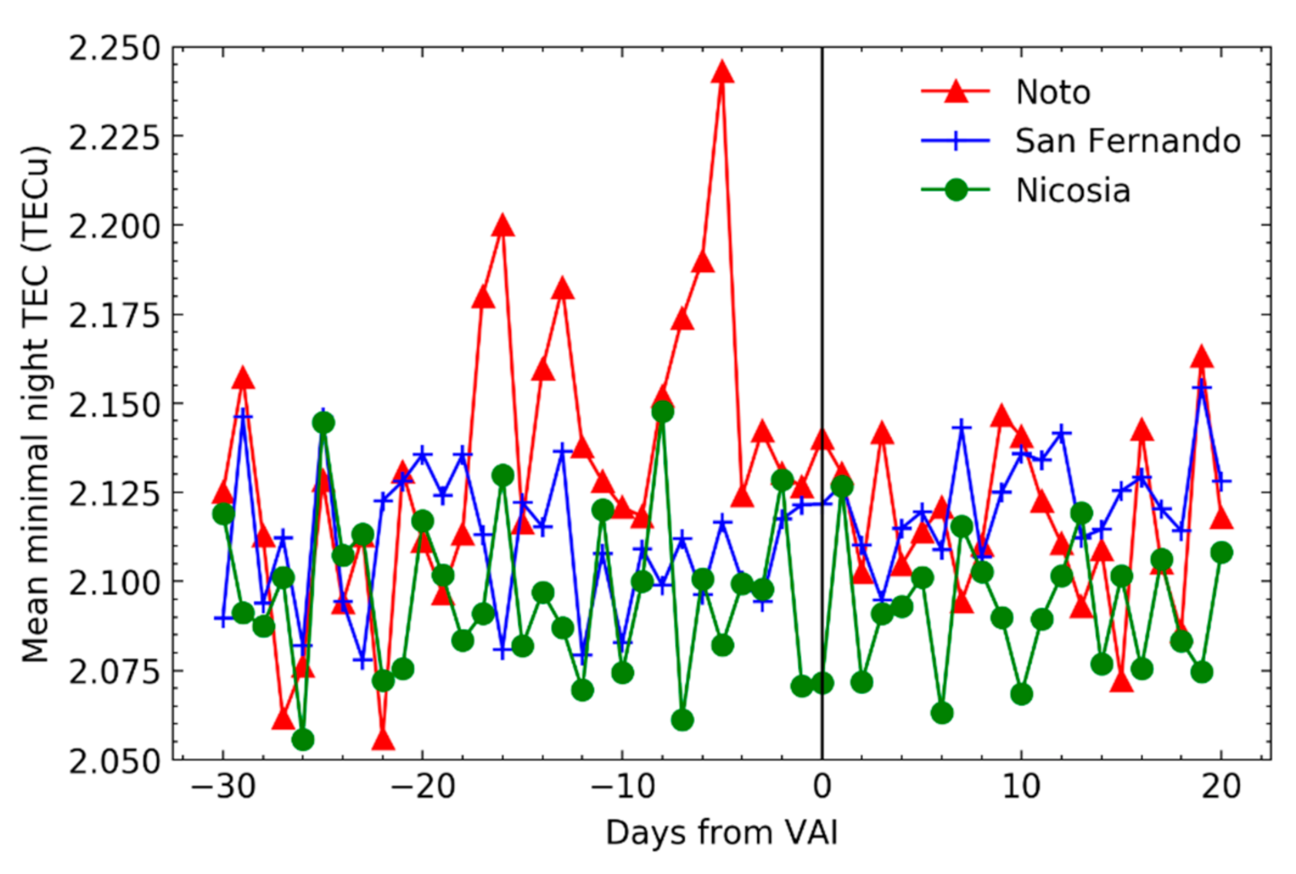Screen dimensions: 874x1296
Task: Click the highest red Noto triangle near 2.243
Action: click(722, 73)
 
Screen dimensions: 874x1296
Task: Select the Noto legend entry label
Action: click(1052, 92)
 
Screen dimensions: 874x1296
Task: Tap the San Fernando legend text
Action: click(1127, 141)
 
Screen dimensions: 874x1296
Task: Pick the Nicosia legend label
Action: click(1072, 190)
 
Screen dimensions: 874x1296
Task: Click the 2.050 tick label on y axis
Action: click(115, 761)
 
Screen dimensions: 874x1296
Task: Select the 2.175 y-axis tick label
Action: click(115, 315)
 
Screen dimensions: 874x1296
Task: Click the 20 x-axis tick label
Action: click(1221, 787)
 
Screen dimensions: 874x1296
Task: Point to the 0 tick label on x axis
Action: click(822, 787)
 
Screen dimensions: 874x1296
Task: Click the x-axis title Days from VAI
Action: click(721, 833)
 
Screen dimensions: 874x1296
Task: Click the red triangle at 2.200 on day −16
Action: click(503, 226)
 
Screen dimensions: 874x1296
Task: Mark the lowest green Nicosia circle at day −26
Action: click(303, 739)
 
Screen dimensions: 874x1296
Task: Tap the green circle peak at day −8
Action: click(663, 412)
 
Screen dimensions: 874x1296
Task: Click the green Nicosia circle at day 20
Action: click(1221, 552)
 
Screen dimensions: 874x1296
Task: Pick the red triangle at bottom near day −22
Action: click(382, 740)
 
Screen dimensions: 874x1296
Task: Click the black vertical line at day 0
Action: click(822, 308)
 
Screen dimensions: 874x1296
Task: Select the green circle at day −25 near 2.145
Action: click(323, 423)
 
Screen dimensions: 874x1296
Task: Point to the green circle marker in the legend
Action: click(955, 189)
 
